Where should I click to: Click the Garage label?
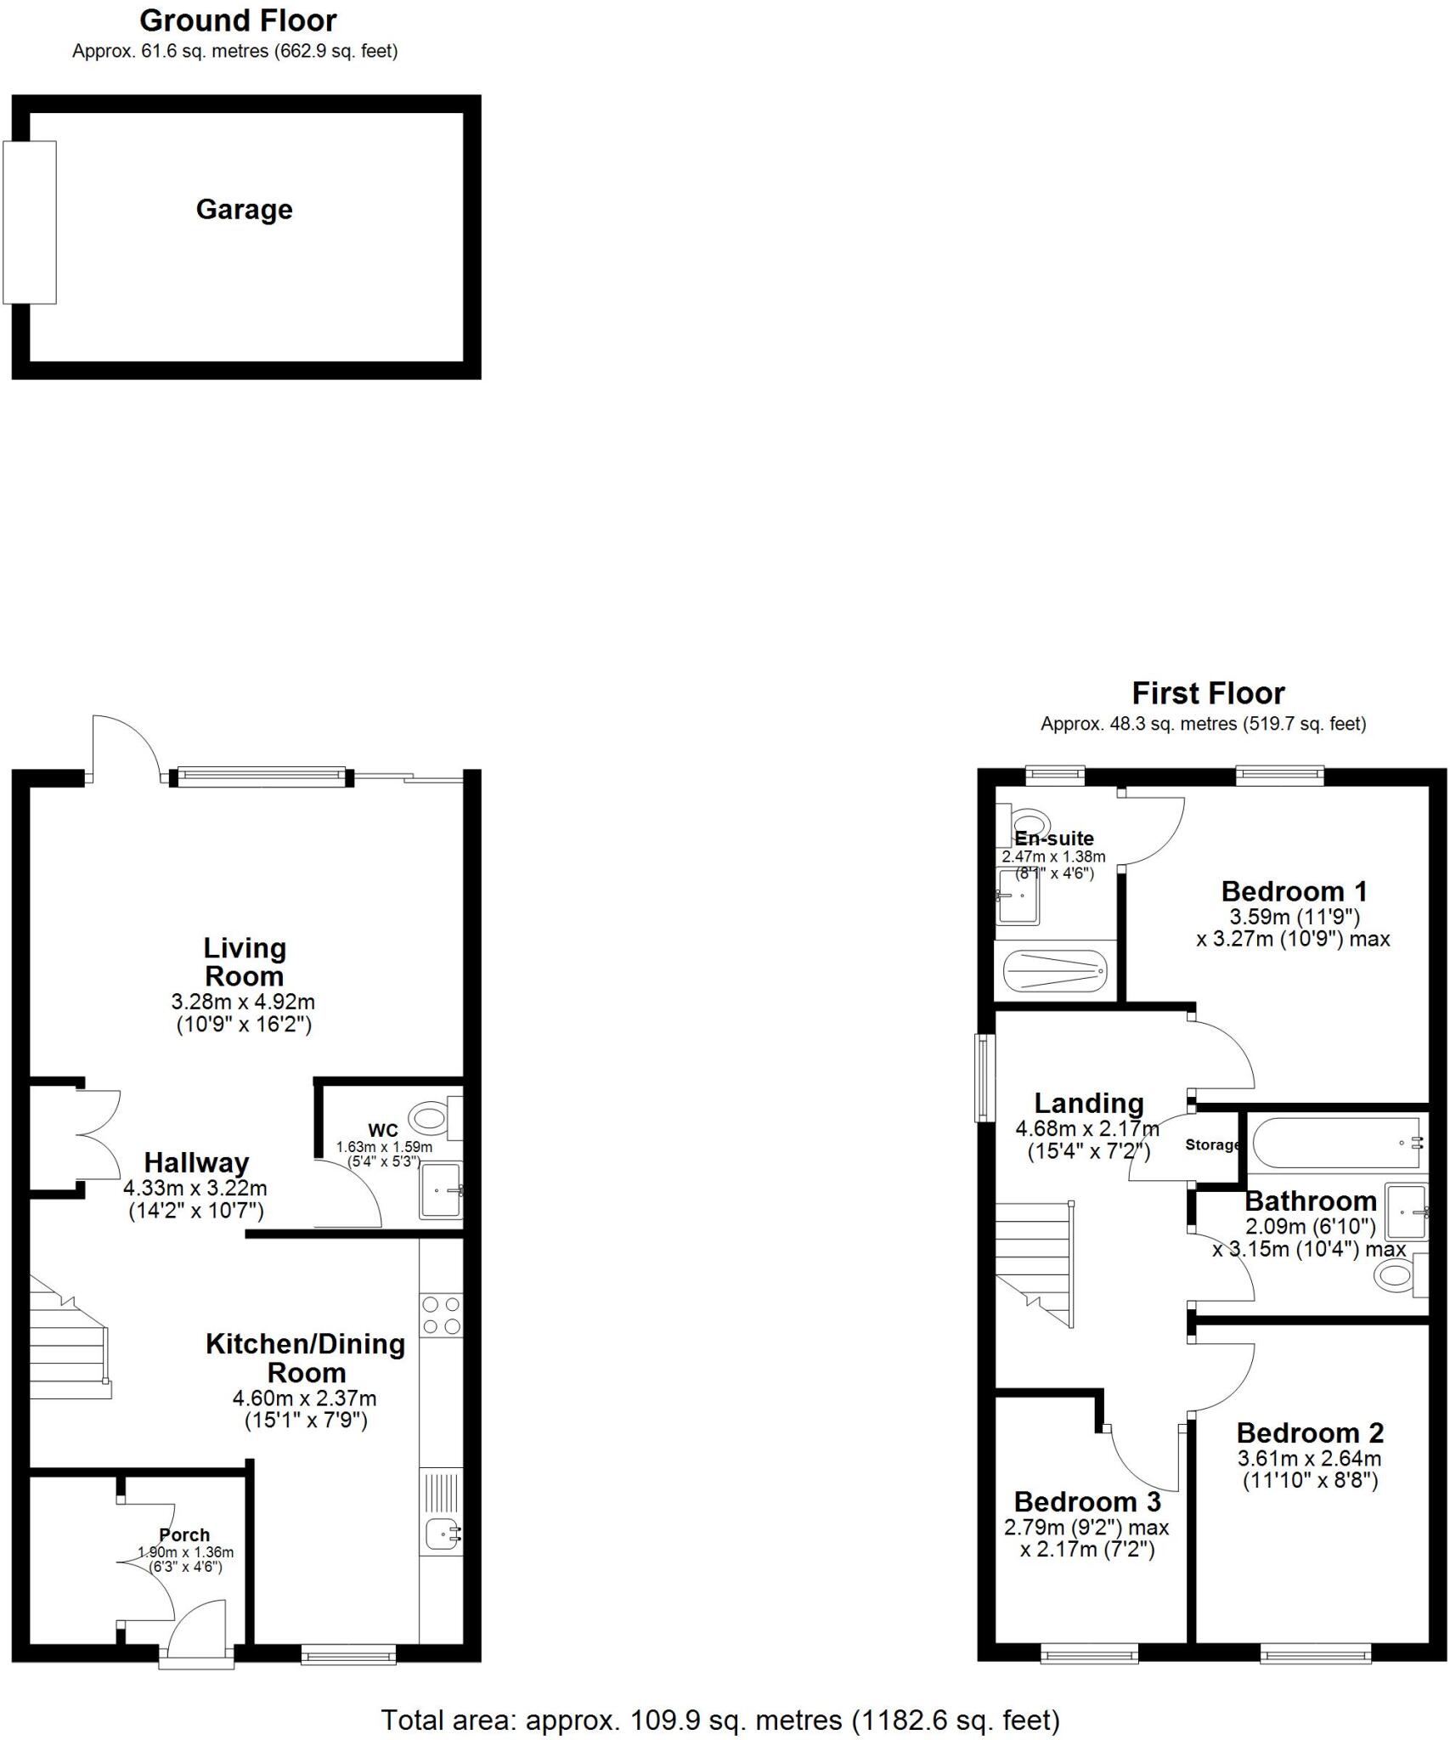[x=244, y=209]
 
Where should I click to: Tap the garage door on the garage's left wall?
[x=30, y=222]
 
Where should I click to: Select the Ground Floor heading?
[x=238, y=20]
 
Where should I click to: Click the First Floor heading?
[x=1207, y=693]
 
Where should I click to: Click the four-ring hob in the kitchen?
[x=442, y=1314]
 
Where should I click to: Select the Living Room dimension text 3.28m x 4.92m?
[x=243, y=1002]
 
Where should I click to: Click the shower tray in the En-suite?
[x=1055, y=969]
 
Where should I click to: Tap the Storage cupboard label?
[x=1212, y=1144]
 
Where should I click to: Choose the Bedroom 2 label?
[x=1310, y=1432]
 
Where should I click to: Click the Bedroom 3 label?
[x=1086, y=1501]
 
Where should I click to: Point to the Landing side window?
[x=985, y=1076]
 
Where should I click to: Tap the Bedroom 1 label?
[x=1294, y=891]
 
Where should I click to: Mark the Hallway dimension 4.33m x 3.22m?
[x=195, y=1188]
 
